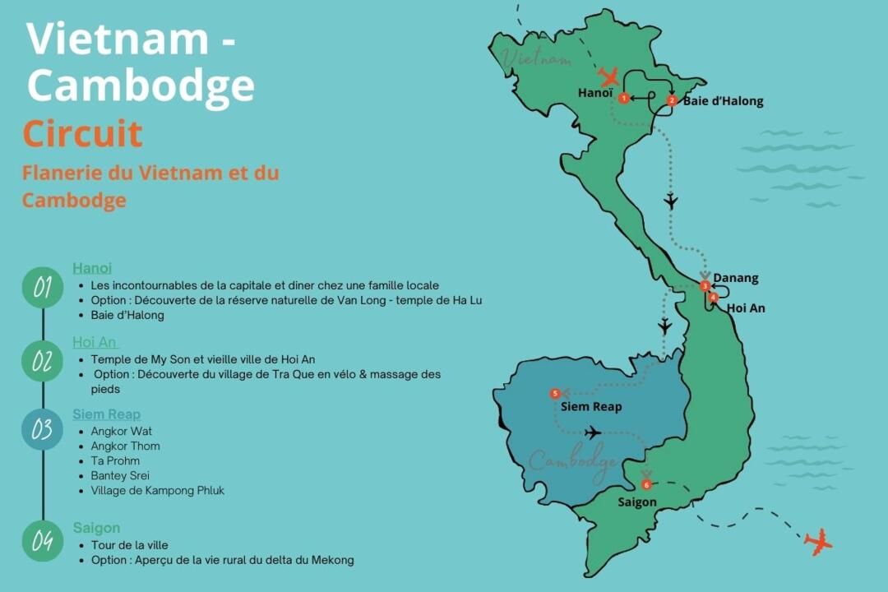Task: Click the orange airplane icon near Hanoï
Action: pos(609,77)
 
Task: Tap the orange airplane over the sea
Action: pos(818,542)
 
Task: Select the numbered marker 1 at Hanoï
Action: pos(624,99)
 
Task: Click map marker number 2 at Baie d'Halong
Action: pos(672,101)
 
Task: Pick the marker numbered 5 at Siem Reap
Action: pos(555,394)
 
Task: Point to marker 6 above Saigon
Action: pos(646,485)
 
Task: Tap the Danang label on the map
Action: pos(736,278)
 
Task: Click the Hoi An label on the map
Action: pos(746,308)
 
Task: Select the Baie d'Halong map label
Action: pos(723,101)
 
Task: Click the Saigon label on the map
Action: pos(637,502)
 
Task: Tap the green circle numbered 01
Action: pos(43,288)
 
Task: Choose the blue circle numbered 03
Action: pos(43,429)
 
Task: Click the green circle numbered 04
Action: pos(43,541)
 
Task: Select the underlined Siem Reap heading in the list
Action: pos(106,414)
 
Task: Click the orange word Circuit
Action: pos(82,133)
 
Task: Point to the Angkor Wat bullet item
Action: pos(122,431)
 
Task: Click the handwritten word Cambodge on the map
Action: pos(573,461)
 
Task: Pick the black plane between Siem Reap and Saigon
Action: pos(592,432)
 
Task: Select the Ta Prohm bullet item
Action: pos(115,460)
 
